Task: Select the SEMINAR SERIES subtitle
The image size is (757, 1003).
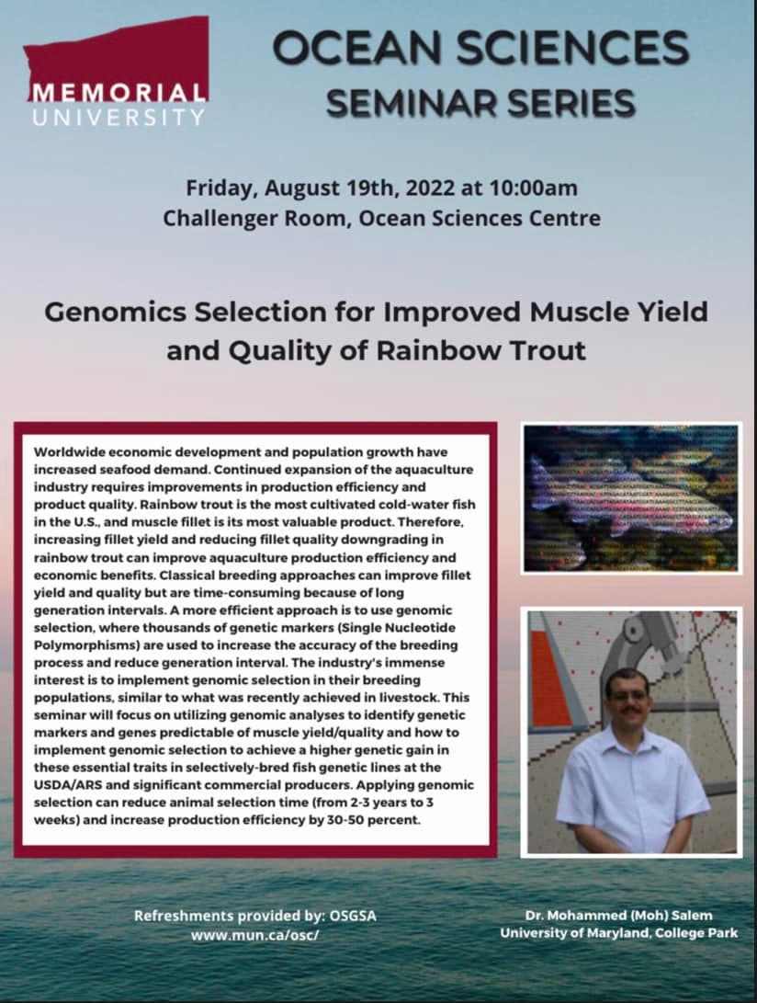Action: [480, 101]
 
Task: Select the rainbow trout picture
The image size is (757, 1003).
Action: [630, 497]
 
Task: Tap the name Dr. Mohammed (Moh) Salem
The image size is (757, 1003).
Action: [618, 916]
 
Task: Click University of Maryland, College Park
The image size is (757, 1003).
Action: [618, 933]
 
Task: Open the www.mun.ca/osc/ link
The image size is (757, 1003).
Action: [255, 934]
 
